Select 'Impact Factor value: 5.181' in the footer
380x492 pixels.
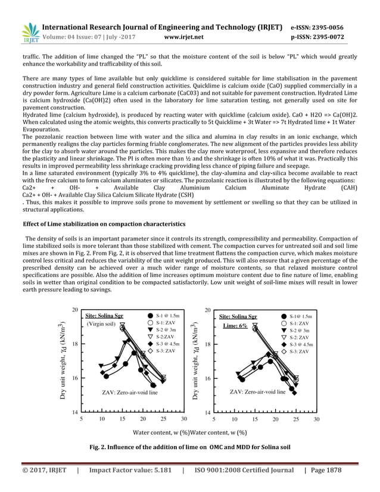pyautogui.click(x=130, y=470)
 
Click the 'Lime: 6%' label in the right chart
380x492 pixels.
pyautogui.click(x=235, y=326)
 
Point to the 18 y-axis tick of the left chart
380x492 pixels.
pyautogui.click(x=74, y=344)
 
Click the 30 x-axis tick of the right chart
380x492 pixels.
pyautogui.click(x=316, y=419)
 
